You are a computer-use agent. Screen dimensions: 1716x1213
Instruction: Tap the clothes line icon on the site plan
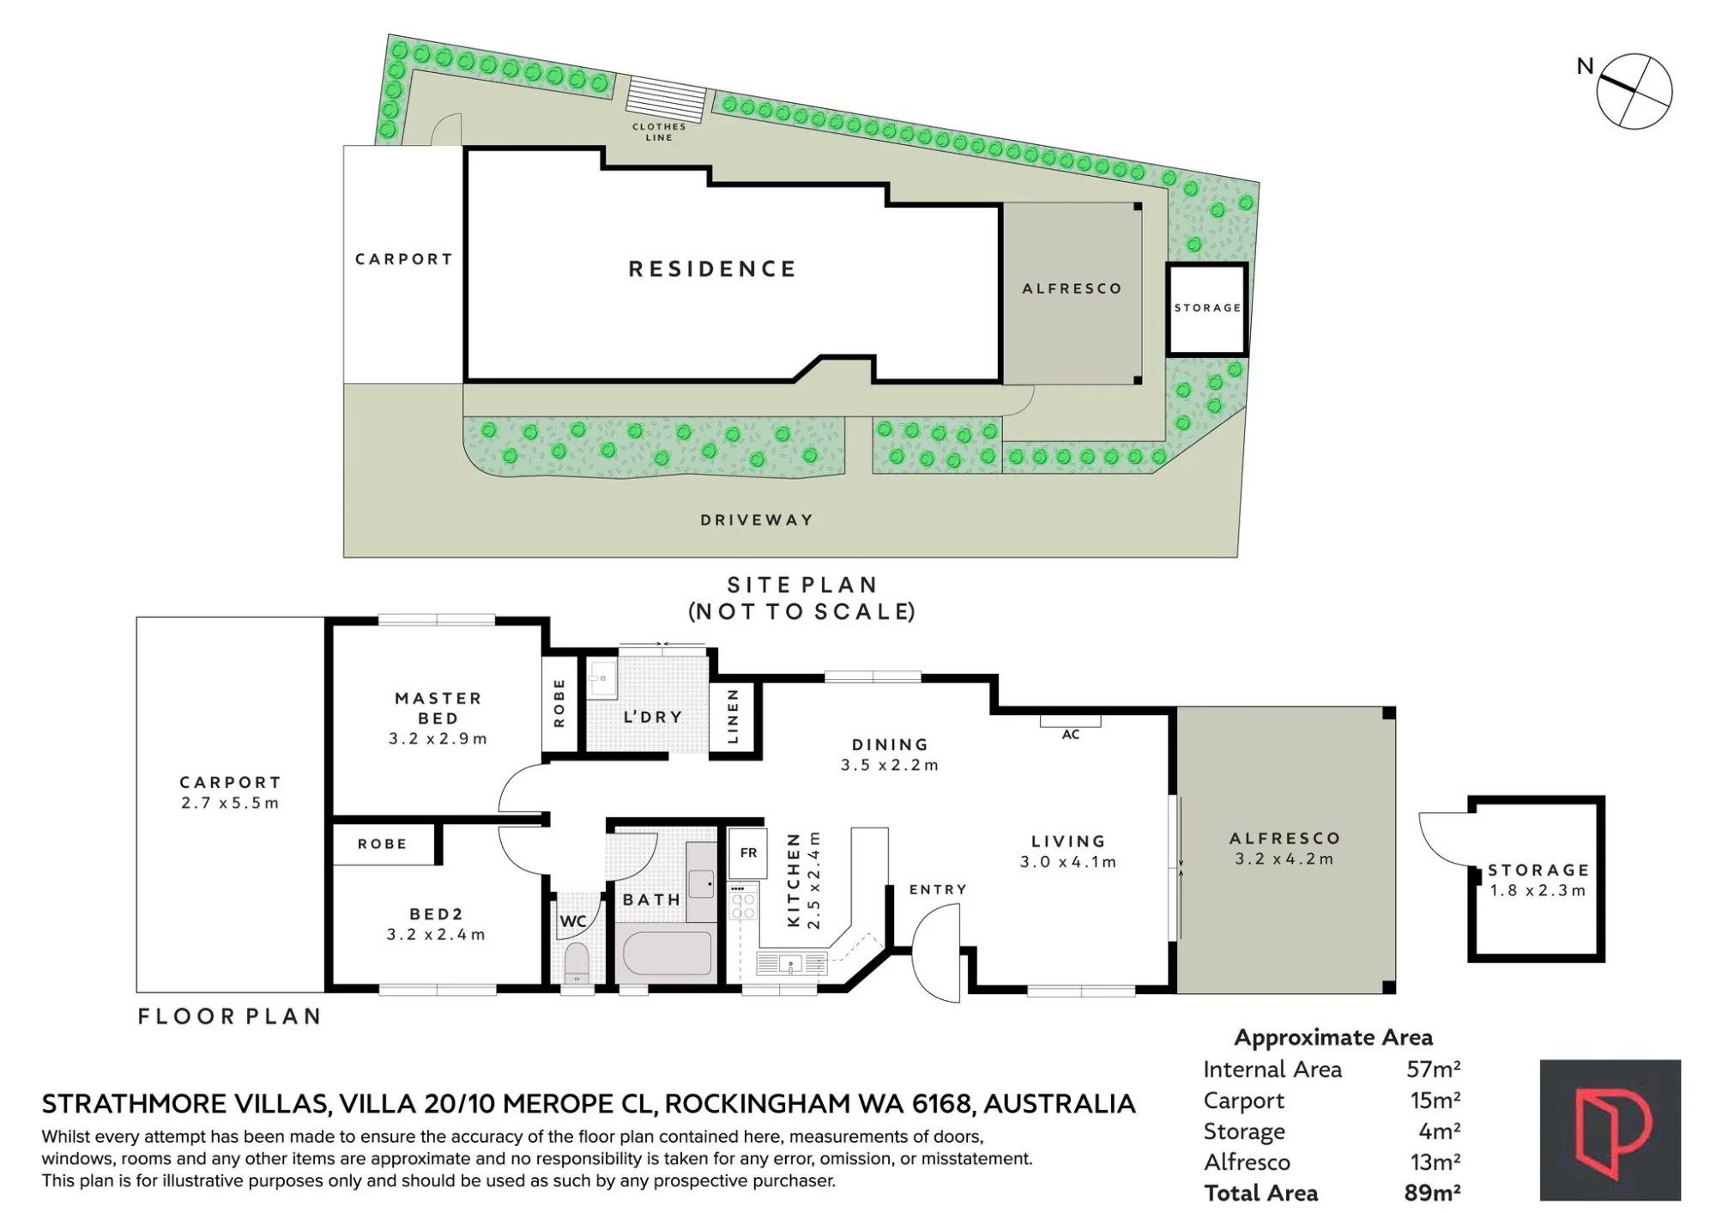(x=666, y=94)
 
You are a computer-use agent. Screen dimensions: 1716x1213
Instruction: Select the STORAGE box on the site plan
(x=1207, y=309)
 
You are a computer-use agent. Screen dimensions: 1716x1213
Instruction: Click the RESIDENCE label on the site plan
(x=712, y=269)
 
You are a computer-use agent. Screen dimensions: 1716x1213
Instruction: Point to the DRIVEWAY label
(x=756, y=519)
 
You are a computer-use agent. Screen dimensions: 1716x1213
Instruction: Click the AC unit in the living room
(x=1070, y=721)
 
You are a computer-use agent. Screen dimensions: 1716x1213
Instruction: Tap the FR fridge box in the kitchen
(x=748, y=852)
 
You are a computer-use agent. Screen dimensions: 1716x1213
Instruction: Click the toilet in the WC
(x=577, y=962)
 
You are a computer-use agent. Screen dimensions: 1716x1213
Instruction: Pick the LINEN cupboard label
(x=733, y=716)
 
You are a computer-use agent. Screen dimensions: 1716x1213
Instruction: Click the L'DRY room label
(x=652, y=717)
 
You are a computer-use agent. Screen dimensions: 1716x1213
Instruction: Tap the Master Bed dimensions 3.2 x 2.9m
(x=438, y=738)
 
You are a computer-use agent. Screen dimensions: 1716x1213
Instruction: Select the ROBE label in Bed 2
(x=382, y=844)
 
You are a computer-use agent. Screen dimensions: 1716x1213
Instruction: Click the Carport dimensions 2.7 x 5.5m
(x=230, y=804)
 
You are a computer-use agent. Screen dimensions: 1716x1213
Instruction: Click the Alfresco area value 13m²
(x=1435, y=1161)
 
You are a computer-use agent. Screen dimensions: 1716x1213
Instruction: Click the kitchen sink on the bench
(x=792, y=963)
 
